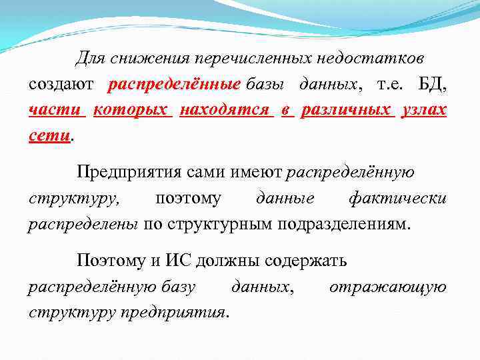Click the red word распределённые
point(174,85)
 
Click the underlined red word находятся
point(227,110)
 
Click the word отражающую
point(388,287)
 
